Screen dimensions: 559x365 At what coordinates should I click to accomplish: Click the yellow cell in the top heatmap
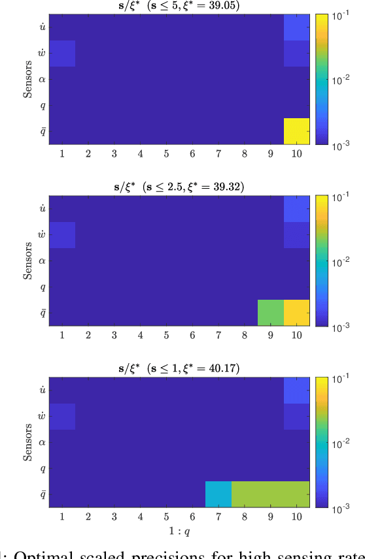coord(297,131)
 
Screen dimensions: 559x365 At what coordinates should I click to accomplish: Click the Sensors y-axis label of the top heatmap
coord(28,79)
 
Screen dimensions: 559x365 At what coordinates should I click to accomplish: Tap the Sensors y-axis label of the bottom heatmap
coord(28,442)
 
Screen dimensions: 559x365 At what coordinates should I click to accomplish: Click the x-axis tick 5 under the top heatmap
coord(167,153)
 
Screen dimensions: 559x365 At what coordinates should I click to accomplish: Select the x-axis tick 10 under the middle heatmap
coord(297,334)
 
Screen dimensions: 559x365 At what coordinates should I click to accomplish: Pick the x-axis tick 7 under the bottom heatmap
coord(218,516)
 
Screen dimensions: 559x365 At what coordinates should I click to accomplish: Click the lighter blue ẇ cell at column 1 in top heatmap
coord(62,54)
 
